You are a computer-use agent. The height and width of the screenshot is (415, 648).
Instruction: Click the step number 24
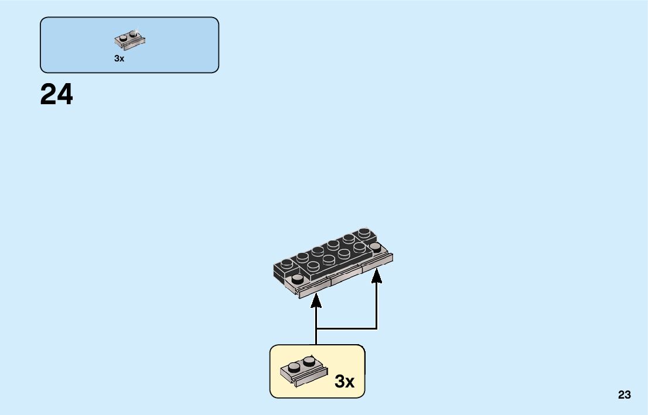pos(57,95)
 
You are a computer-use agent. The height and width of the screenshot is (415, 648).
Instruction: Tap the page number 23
pos(624,395)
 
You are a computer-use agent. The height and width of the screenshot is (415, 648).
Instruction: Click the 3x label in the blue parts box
pos(119,59)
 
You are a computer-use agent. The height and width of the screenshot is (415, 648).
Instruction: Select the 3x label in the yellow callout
pos(345,382)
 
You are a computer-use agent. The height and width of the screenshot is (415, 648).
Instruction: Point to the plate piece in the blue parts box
pos(129,40)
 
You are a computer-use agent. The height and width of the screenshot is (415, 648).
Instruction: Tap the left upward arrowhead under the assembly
pos(316,301)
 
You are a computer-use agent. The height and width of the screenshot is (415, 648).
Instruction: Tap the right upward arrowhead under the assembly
pos(376,275)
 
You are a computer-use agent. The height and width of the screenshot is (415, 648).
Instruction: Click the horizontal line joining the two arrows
pos(346,328)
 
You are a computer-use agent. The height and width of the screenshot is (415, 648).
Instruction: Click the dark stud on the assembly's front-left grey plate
pos(297,277)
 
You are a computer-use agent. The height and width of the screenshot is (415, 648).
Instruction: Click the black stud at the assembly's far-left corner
pos(285,263)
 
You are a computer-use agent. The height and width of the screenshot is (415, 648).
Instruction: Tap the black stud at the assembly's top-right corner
pos(364,232)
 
